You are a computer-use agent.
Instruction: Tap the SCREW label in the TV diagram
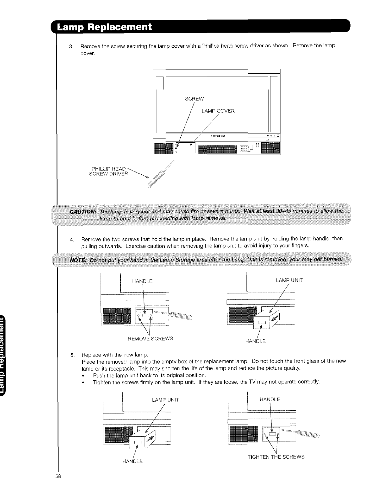(x=194, y=99)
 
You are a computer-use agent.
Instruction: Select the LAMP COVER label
(x=218, y=111)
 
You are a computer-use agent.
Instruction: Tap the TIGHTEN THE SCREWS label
(x=276, y=457)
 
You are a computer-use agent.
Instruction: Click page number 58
(x=58, y=476)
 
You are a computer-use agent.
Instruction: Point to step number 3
(x=71, y=46)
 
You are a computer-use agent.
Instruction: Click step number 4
(x=71, y=239)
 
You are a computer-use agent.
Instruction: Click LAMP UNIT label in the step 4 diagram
(x=289, y=280)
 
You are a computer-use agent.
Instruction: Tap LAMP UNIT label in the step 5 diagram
(x=165, y=400)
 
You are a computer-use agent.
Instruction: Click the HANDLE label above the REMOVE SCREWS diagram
(x=142, y=281)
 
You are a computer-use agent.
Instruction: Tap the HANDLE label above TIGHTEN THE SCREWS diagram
(x=270, y=399)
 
